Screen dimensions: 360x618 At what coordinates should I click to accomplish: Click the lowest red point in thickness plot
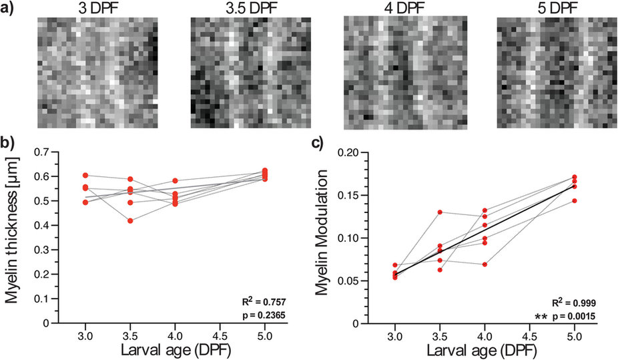[x=131, y=220]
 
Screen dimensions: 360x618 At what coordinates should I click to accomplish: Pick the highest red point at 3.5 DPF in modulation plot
[x=440, y=212]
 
